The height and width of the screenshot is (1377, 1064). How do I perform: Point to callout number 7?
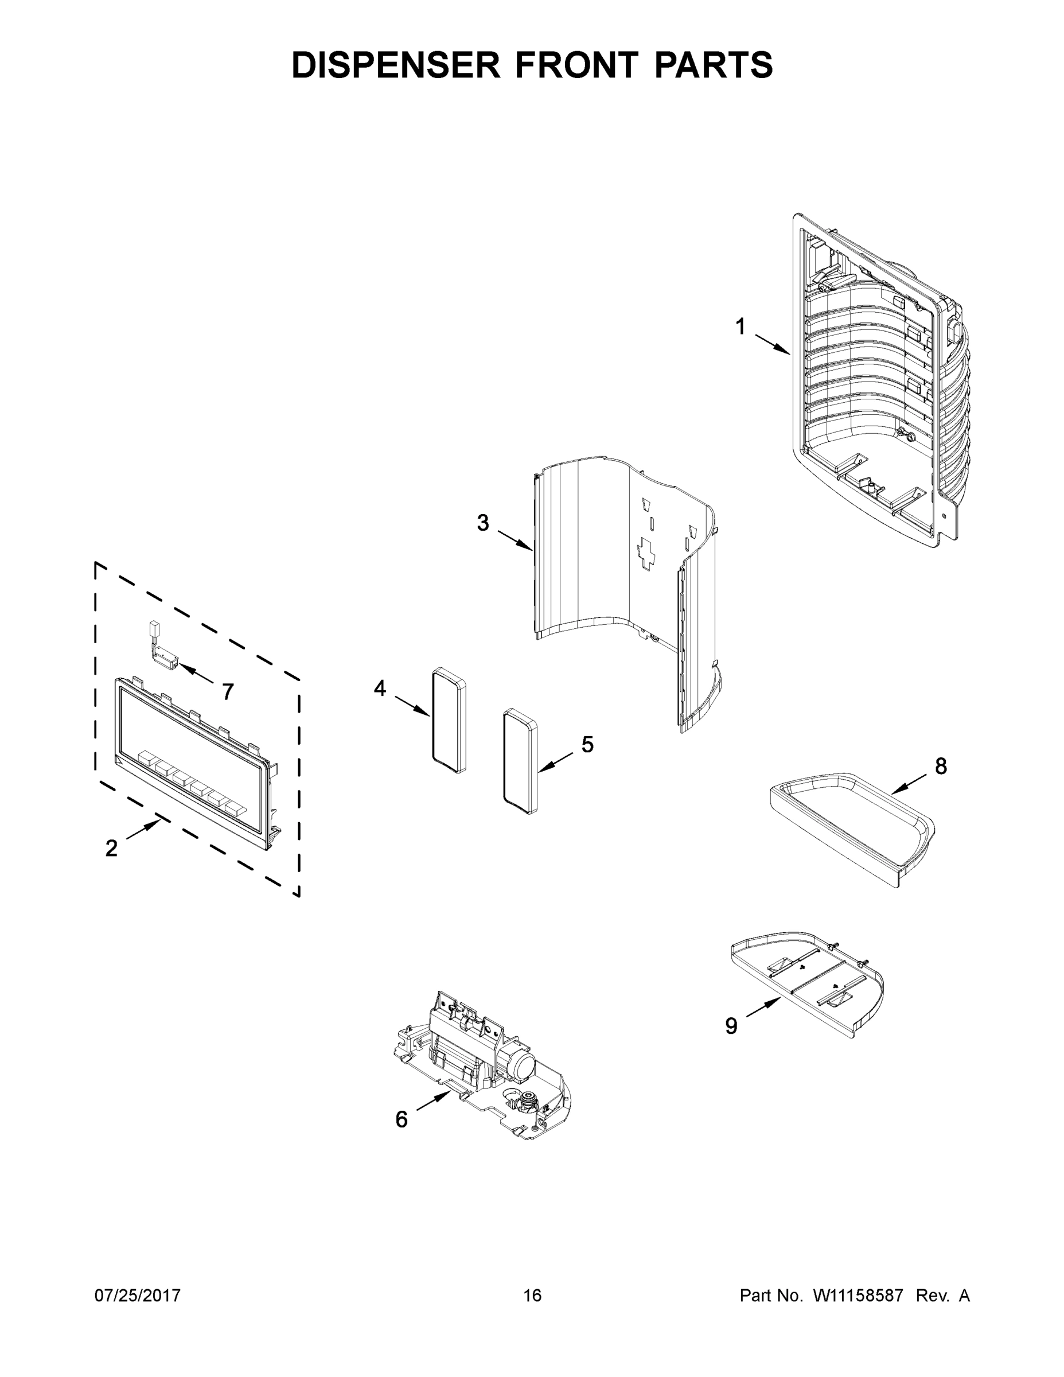(228, 691)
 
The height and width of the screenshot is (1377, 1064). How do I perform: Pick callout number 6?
(402, 1119)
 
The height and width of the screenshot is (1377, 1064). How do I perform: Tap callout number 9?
(731, 1026)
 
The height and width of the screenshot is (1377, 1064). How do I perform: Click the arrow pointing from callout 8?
(909, 784)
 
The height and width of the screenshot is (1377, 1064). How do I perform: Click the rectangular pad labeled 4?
(449, 721)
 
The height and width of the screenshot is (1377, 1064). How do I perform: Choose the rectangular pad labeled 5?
(521, 763)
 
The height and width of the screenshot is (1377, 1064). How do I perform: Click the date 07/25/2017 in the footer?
(138, 1295)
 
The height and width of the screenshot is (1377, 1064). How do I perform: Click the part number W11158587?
(859, 1295)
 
